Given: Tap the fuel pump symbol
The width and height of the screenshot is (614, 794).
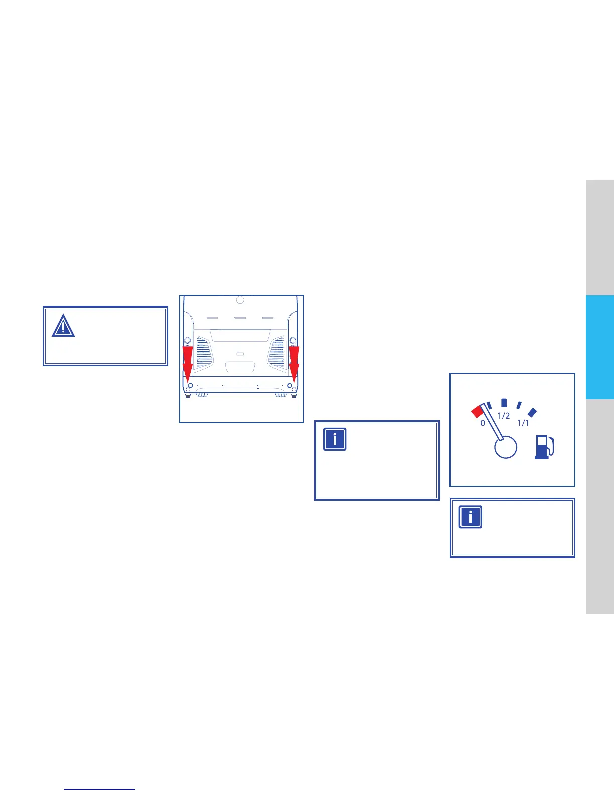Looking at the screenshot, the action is click(544, 447).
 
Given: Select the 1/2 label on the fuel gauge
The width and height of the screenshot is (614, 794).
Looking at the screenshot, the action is click(504, 416).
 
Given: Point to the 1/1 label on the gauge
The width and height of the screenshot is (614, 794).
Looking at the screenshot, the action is click(523, 423).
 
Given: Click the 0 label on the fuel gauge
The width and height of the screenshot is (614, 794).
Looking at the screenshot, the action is click(483, 423).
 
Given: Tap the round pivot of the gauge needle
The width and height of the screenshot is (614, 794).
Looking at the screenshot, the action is click(506, 446).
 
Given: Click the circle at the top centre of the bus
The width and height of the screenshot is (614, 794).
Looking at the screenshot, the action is click(240, 300).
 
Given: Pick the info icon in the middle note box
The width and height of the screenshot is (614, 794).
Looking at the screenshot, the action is click(335, 439).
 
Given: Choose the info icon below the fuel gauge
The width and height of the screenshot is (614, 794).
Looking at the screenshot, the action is click(471, 517).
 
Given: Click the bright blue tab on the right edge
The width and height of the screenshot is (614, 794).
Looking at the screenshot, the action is click(599, 347).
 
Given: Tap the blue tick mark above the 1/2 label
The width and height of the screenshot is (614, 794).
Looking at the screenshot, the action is click(504, 403).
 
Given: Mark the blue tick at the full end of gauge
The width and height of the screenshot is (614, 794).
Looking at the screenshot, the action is click(532, 412).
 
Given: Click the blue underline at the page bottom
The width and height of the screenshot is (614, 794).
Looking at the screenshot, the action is click(100, 790).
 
